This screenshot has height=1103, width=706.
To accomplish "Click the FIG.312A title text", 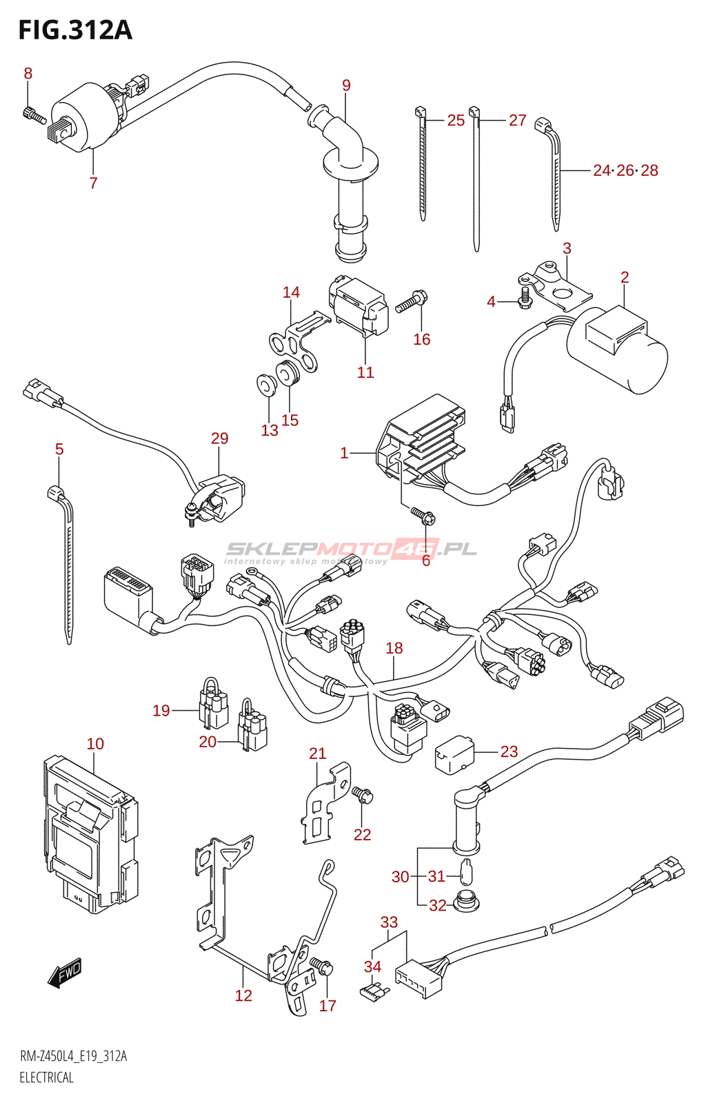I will click(x=74, y=30).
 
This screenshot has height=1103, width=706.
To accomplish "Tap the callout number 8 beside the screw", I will click(x=28, y=73).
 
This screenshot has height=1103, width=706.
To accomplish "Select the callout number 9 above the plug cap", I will click(x=346, y=85).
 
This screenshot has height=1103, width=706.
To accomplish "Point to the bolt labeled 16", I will click(x=412, y=301).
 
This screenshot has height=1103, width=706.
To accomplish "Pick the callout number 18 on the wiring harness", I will click(x=394, y=648).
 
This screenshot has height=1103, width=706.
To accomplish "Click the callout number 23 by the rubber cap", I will click(x=509, y=751).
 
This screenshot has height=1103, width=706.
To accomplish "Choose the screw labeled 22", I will click(x=363, y=796).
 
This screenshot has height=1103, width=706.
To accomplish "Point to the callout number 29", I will click(x=219, y=438).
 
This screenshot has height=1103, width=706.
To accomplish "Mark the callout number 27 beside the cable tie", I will click(x=517, y=120).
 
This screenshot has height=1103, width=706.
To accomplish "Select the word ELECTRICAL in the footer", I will click(x=46, y=1077).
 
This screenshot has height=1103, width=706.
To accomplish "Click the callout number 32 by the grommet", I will click(x=438, y=905).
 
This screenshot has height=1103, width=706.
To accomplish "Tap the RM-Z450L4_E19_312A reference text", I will click(x=73, y=1056).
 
